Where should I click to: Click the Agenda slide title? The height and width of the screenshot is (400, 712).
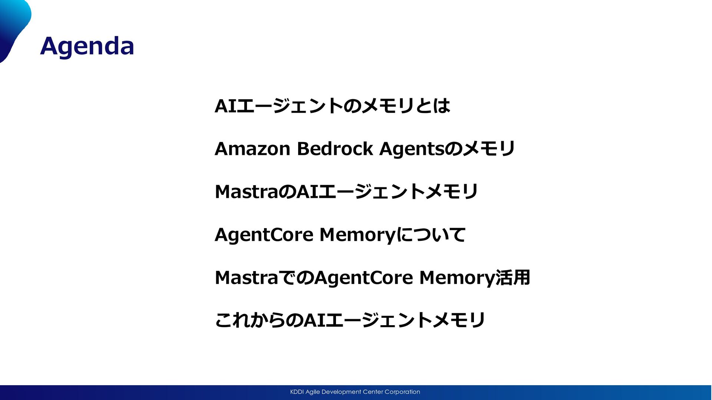coord(87,46)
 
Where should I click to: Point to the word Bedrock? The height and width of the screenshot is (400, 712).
coord(335,149)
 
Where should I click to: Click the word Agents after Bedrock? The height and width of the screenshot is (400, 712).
coord(412,149)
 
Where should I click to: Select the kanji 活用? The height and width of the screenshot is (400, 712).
coord(513,278)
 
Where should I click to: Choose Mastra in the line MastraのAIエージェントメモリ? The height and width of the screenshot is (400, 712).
coord(246,192)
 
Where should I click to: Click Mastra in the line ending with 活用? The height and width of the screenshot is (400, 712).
coord(246,278)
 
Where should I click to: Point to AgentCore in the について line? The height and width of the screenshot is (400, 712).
coord(264,235)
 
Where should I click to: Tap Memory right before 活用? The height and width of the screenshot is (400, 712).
coord(457,278)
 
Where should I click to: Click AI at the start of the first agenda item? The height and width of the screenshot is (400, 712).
coord(225,106)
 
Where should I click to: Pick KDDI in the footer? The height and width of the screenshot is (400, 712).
coord(297,392)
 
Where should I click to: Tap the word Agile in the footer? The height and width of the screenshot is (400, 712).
coord(313,392)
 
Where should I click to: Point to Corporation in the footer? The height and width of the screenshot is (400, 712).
coord(402,392)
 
